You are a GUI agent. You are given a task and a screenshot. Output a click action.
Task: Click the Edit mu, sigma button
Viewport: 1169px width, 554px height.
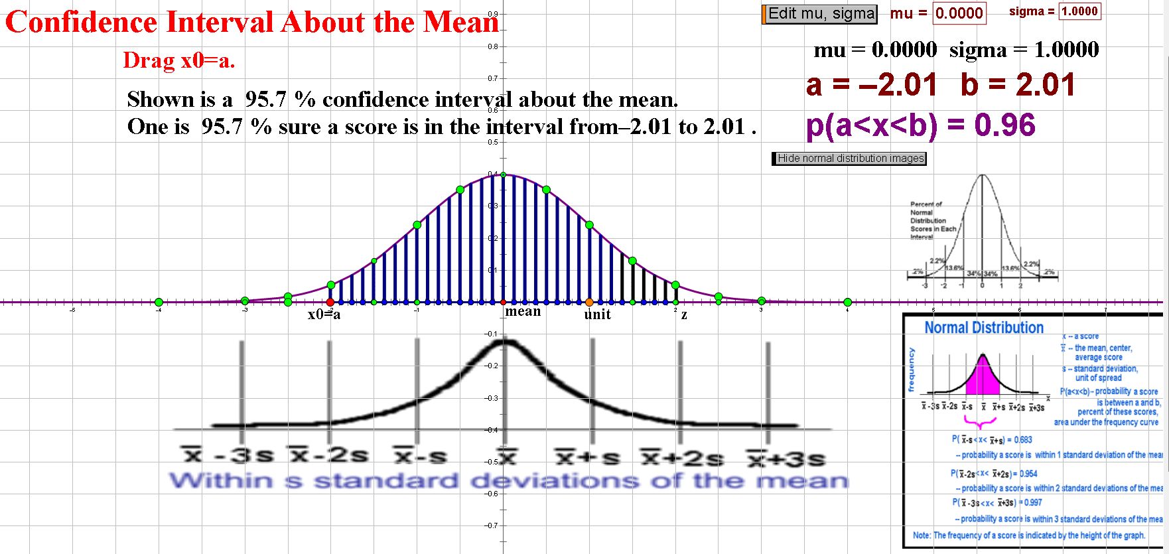[x=821, y=14]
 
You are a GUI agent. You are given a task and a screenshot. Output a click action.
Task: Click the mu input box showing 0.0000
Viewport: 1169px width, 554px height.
[x=959, y=13]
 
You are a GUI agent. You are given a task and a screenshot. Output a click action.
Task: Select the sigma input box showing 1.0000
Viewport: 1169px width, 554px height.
[x=1079, y=11]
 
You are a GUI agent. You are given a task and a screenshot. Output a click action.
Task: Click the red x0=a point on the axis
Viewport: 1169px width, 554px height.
[x=330, y=303]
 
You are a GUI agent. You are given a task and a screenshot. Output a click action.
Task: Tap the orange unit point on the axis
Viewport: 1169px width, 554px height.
[x=589, y=303]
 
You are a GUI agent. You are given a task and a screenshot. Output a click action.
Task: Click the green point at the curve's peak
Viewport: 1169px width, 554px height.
[x=503, y=174]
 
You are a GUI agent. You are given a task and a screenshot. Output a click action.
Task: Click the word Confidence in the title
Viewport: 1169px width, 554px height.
[x=81, y=23]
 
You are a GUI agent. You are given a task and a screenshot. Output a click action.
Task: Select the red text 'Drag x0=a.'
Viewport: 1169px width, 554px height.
[x=179, y=60]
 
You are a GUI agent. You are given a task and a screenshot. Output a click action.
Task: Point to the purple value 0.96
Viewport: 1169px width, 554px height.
[x=1005, y=125]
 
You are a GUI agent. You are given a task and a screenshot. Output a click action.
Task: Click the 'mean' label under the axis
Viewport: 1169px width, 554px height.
[x=523, y=311]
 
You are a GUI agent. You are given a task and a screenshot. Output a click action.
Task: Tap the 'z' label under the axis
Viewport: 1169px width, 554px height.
[x=684, y=315]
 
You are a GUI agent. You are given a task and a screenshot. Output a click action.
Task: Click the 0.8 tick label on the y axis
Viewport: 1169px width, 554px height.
[x=493, y=46]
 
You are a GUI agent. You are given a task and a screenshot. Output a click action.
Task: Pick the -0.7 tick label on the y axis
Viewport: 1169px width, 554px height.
[x=492, y=525]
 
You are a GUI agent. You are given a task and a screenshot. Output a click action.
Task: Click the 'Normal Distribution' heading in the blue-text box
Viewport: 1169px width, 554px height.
[x=984, y=328]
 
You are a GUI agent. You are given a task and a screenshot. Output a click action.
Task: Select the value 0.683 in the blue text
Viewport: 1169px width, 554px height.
[x=1023, y=439]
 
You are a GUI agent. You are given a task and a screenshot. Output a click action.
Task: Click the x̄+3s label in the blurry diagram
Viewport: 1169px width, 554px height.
[x=786, y=458]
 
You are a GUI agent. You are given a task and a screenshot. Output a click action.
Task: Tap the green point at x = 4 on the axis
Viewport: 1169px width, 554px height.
[x=847, y=303]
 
